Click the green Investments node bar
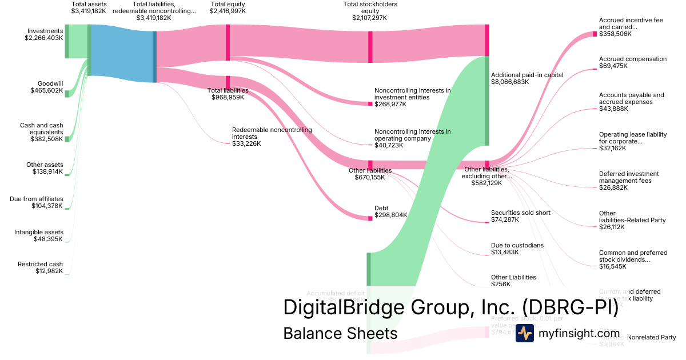(x=67, y=41)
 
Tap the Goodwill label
(x=50, y=83)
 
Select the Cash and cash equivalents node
(x=67, y=139)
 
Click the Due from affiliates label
(x=37, y=199)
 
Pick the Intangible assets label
(x=38, y=232)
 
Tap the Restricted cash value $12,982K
(x=49, y=271)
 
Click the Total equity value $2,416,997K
(x=228, y=11)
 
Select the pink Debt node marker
(x=370, y=218)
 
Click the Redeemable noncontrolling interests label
(x=272, y=133)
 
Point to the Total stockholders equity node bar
(x=370, y=46)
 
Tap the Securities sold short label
(x=520, y=213)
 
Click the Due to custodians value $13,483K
(x=505, y=253)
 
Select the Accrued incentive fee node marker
(x=595, y=34)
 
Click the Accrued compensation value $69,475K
(x=613, y=66)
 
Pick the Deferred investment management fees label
(x=629, y=177)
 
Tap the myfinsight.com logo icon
(x=524, y=333)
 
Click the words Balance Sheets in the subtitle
(x=340, y=333)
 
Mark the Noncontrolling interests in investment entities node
(x=370, y=103)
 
